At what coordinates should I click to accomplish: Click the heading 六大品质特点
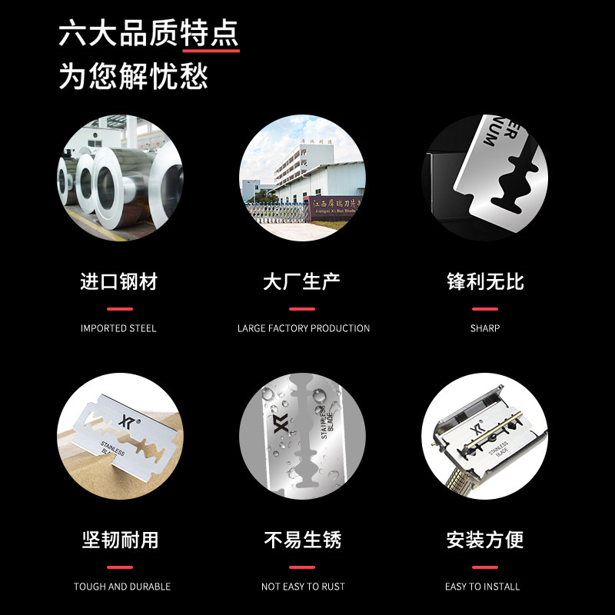148,34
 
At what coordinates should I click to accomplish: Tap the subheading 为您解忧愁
134,77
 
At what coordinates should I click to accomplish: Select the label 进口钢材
119,281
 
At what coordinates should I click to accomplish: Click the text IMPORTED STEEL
118,328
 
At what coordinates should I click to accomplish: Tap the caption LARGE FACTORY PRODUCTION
304,328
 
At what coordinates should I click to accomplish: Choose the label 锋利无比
485,281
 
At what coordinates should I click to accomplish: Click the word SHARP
485,328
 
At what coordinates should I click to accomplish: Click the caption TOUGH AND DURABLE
122,587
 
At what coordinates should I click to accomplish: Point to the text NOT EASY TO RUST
303,587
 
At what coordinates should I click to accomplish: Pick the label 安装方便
485,540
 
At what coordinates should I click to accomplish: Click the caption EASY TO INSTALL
483,587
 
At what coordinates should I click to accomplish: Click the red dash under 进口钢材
119,309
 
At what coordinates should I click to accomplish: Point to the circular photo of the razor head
484,436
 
